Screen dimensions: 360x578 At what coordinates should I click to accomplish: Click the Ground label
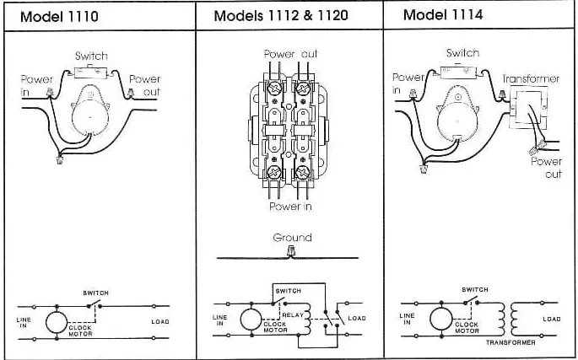click(x=292, y=238)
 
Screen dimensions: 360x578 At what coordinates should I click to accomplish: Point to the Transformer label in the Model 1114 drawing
click(x=531, y=78)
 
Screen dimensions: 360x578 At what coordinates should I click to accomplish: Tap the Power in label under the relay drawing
click(x=291, y=206)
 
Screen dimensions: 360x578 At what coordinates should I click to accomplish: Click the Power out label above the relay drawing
click(x=291, y=54)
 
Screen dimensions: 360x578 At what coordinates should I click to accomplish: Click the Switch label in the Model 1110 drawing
click(x=91, y=56)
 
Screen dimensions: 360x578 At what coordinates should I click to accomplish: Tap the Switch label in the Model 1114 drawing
click(x=462, y=53)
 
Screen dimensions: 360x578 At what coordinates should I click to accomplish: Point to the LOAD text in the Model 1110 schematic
click(x=161, y=320)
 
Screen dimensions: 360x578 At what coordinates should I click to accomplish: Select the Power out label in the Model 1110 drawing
click(x=144, y=84)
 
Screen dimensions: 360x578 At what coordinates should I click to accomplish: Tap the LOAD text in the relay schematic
click(x=357, y=318)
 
